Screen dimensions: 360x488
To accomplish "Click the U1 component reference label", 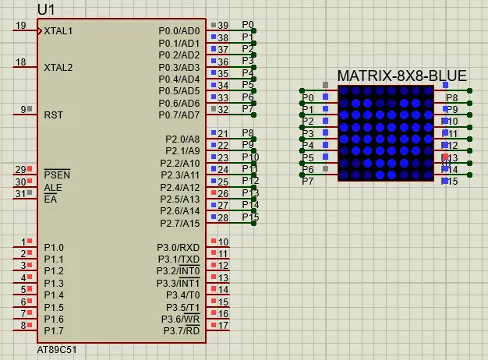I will click(x=46, y=9).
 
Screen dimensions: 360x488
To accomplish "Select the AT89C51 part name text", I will click(x=57, y=350).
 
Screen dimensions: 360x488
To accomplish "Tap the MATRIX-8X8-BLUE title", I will click(x=401, y=76).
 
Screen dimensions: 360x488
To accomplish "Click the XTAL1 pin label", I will click(x=58, y=31).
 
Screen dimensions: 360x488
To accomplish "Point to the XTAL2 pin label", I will click(x=58, y=67).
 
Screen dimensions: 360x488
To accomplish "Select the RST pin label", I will click(x=53, y=115).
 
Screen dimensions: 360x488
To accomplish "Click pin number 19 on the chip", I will click(x=20, y=26).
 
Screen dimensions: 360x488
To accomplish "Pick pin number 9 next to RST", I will click(x=23, y=109).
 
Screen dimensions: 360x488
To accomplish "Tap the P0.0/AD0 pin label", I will click(x=179, y=31).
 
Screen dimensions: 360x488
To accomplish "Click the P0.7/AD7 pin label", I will click(x=179, y=115).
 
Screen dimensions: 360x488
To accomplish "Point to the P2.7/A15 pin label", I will click(x=180, y=223).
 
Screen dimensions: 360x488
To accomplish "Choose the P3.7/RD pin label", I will click(x=181, y=330).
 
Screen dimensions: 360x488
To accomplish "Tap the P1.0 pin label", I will click(x=54, y=247).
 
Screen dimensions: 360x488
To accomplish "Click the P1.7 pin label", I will click(x=54, y=331).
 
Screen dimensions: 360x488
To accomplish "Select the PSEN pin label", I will click(x=56, y=175).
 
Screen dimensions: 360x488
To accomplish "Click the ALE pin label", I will click(x=53, y=187).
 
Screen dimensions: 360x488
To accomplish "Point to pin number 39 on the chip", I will click(x=223, y=26).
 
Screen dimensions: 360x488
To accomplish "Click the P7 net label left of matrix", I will click(x=307, y=181).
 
